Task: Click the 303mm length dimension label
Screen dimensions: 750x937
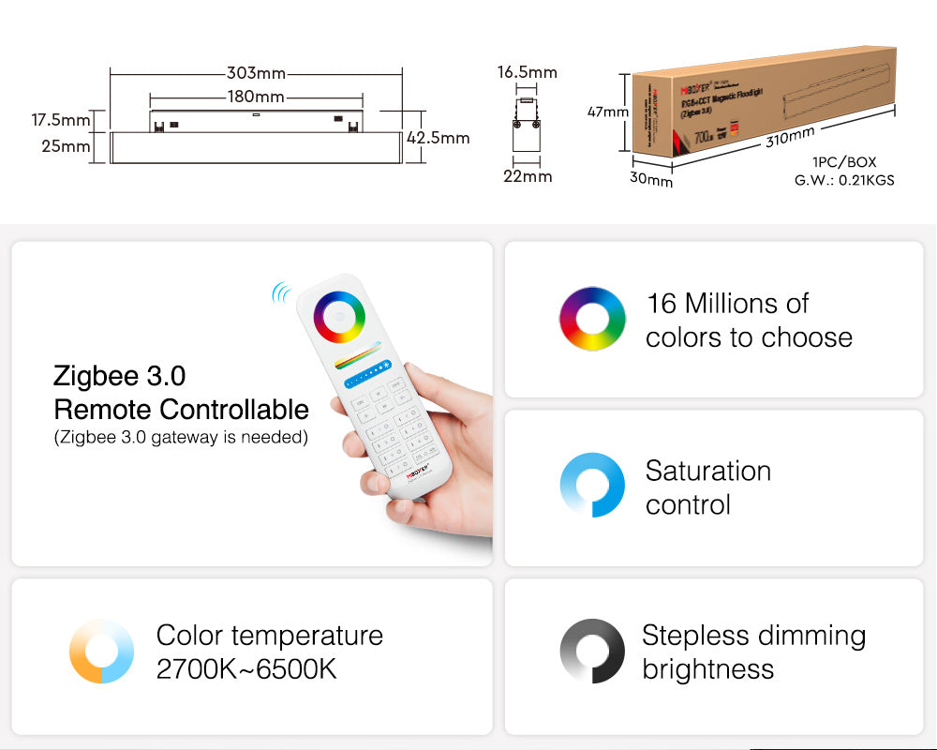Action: point(256,73)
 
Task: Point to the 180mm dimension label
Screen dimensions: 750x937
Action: point(255,97)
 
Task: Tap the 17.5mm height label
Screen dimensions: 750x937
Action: point(61,120)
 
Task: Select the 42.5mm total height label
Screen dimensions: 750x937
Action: point(439,138)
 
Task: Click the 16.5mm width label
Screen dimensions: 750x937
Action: point(527,72)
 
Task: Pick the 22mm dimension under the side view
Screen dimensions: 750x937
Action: point(528,176)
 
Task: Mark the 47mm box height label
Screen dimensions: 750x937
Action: point(608,112)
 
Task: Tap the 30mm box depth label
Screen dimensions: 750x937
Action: point(651,179)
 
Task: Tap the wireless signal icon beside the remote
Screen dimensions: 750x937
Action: point(281,293)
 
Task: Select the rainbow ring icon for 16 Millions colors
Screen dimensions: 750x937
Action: point(592,319)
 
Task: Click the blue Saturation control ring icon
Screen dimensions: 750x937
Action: point(592,485)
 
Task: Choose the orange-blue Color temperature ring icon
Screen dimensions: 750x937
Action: point(101,651)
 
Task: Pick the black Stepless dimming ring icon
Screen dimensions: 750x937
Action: point(592,651)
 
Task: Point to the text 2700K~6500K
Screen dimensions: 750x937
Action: point(246,669)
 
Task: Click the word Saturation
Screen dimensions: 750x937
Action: point(708,471)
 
